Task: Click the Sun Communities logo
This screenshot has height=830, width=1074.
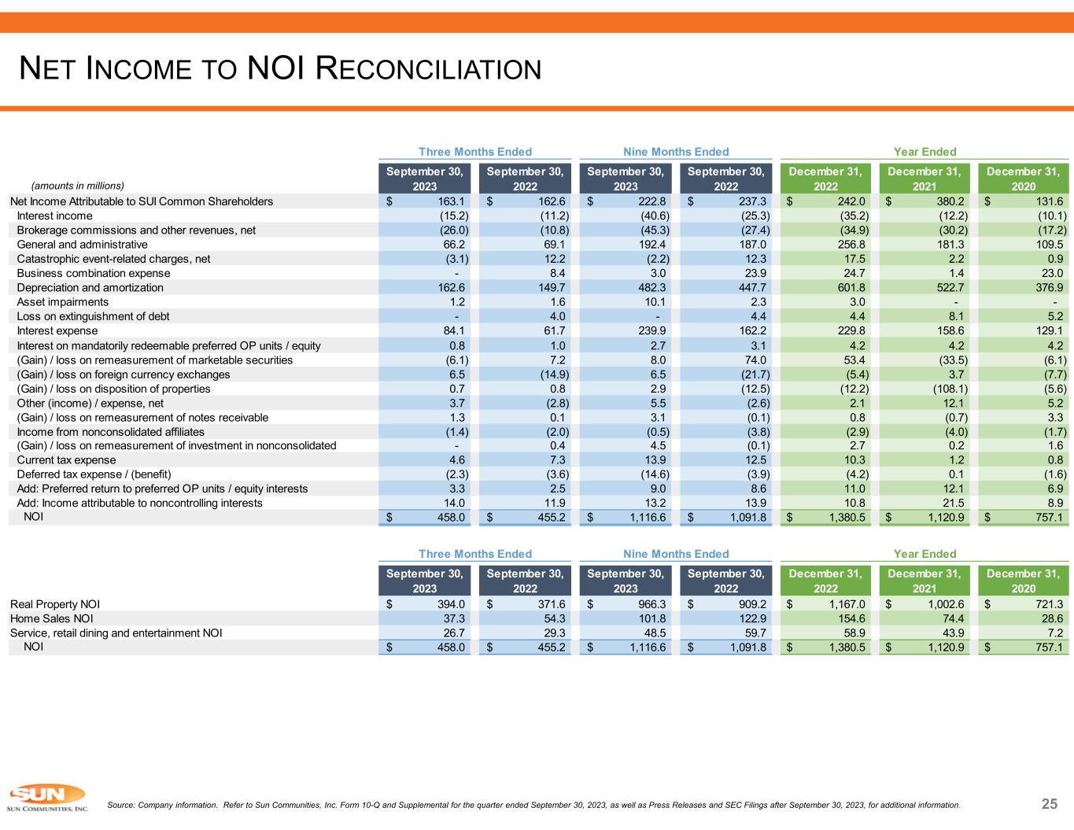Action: point(46,798)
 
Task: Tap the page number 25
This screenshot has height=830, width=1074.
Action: point(1050,803)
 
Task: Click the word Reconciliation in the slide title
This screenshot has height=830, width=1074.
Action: point(428,69)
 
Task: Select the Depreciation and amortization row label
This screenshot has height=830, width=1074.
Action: point(90,288)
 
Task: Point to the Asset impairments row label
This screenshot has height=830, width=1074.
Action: point(62,302)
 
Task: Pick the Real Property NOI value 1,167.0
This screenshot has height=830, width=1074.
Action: point(845,604)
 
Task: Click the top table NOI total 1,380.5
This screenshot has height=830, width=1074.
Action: point(845,518)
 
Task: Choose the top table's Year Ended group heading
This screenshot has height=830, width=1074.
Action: point(925,152)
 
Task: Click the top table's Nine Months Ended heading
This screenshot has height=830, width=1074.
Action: point(676,152)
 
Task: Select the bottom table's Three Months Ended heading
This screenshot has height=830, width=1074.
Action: point(475,554)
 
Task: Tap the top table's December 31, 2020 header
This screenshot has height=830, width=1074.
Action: point(1023,179)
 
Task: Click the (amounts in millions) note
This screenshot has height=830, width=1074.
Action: point(78,186)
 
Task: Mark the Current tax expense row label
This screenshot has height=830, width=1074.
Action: point(66,460)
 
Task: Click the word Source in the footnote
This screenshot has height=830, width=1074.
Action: point(120,806)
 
